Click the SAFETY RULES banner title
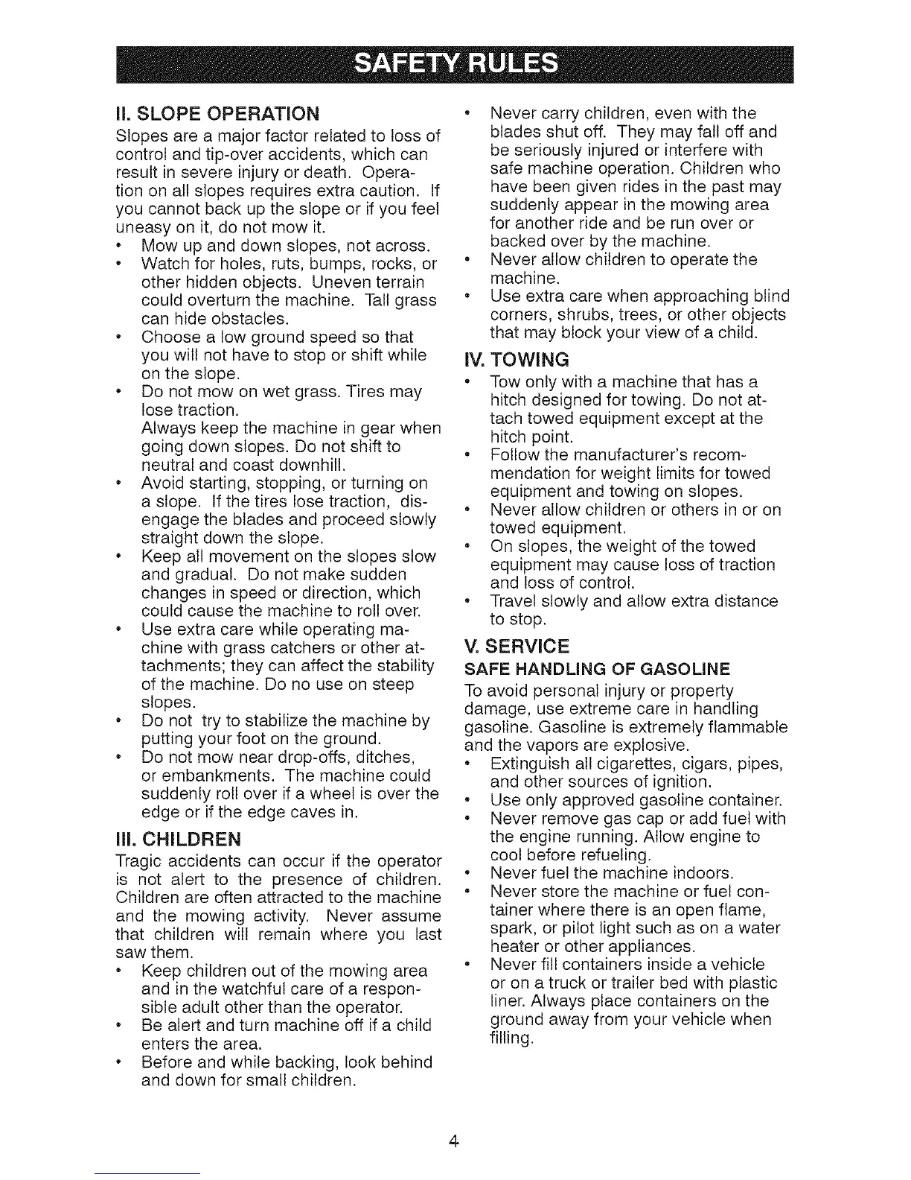point(455,65)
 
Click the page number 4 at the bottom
point(455,1141)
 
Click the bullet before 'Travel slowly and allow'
point(467,600)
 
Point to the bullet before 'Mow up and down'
point(120,247)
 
